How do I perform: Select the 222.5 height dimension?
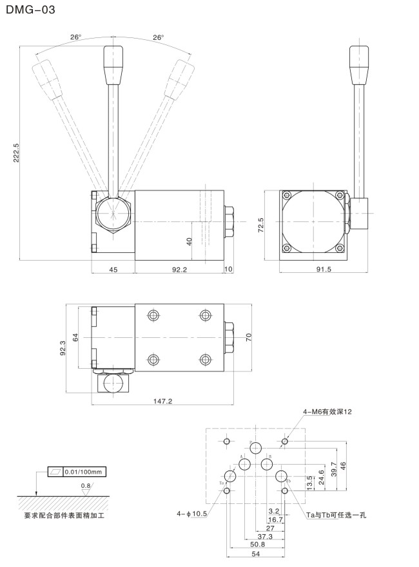[x=17, y=153]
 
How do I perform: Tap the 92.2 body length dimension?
[x=179, y=270]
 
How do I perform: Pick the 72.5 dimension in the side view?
[x=260, y=226]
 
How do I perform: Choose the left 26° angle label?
[x=75, y=37]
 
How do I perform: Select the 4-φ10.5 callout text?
[x=191, y=513]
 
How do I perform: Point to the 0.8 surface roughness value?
[x=86, y=485]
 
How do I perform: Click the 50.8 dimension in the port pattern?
[x=257, y=544]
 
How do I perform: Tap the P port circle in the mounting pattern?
[x=256, y=449]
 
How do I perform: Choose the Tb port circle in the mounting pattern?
[x=281, y=476]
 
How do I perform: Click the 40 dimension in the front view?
[x=190, y=241]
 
